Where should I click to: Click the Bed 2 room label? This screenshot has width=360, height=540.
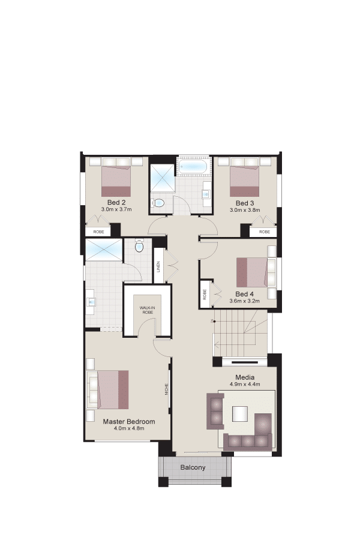pyautogui.click(x=116, y=202)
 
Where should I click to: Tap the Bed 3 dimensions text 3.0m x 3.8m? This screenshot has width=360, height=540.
pyautogui.click(x=245, y=210)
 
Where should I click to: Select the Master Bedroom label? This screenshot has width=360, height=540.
pyautogui.click(x=129, y=422)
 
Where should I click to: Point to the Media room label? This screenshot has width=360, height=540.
pyautogui.click(x=245, y=377)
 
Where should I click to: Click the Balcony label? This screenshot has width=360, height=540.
pyautogui.click(x=193, y=467)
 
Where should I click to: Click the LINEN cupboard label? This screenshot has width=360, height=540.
pyautogui.click(x=158, y=267)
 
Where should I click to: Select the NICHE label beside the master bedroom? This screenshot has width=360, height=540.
pyautogui.click(x=167, y=389)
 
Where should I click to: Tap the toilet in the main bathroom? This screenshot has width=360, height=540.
pyautogui.click(x=158, y=203)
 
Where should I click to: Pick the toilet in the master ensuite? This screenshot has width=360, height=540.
pyautogui.click(x=139, y=246)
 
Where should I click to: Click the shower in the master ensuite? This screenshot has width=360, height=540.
pyautogui.click(x=104, y=250)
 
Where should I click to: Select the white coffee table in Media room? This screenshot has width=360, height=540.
pyautogui.click(x=240, y=414)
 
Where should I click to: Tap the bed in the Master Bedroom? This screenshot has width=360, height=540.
pyautogui.click(x=113, y=389)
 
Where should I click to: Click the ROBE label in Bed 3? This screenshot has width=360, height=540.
pyautogui.click(x=264, y=232)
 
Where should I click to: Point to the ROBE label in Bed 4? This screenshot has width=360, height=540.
pyautogui.click(x=205, y=295)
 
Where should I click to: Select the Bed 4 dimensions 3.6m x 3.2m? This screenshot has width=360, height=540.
pyautogui.click(x=245, y=301)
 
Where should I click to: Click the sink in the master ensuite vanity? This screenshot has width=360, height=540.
pyautogui.click(x=91, y=302)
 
